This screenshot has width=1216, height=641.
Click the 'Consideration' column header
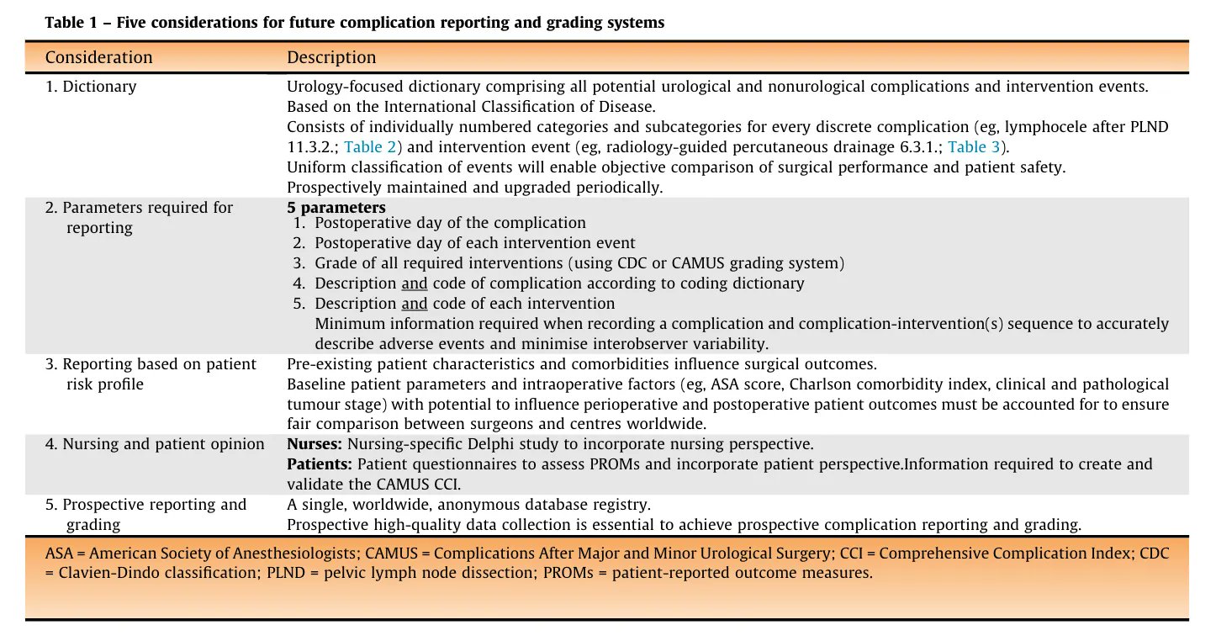[98, 57]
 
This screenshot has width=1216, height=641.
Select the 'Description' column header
[331, 57]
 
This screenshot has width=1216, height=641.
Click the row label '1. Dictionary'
[91, 86]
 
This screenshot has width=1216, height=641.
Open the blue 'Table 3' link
[974, 146]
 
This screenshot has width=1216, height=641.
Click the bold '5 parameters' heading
[336, 207]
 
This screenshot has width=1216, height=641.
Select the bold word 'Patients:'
[320, 464]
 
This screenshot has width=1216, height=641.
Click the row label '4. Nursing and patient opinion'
[155, 443]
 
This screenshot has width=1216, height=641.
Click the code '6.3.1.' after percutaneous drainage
[916, 146]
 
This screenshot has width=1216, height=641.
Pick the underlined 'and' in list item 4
[414, 283]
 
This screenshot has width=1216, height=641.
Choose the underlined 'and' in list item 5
[414, 303]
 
